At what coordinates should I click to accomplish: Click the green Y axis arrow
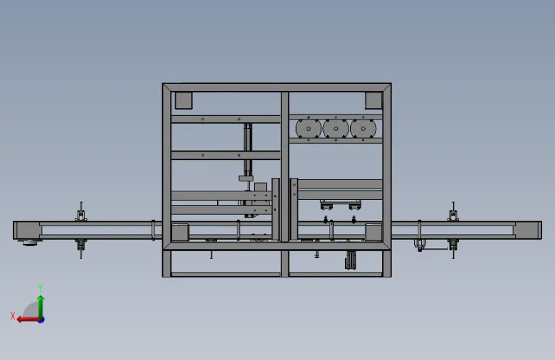41,307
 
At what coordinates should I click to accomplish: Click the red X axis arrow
28,319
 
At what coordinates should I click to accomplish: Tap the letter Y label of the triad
41,288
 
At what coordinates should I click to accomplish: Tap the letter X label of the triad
13,316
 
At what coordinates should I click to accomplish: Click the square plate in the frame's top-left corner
184,100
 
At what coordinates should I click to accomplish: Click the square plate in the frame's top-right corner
374,100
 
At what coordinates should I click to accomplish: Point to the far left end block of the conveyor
27,231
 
